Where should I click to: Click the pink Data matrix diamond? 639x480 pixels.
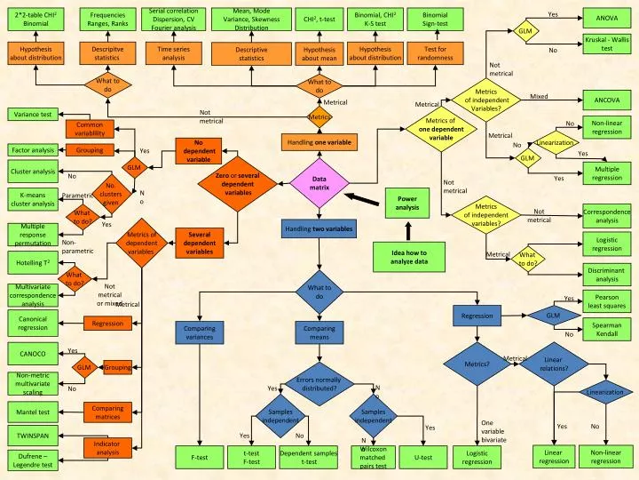click(320, 184)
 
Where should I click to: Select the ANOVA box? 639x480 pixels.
click(607, 19)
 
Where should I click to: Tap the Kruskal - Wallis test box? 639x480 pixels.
click(607, 44)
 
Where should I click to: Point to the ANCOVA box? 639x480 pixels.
click(607, 102)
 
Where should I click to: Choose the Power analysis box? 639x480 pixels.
click(407, 203)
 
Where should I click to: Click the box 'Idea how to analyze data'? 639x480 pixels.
click(408, 257)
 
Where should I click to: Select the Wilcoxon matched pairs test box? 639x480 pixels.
click(374, 457)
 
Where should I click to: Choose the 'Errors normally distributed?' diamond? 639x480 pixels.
click(319, 384)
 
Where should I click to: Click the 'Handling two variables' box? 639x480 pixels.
click(319, 228)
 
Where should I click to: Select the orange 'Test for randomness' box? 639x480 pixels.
click(436, 53)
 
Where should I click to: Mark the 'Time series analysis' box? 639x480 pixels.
click(173, 53)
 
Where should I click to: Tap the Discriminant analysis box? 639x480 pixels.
click(607, 275)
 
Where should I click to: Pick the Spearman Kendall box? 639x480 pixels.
click(607, 330)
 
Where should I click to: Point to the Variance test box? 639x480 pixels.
click(35, 114)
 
